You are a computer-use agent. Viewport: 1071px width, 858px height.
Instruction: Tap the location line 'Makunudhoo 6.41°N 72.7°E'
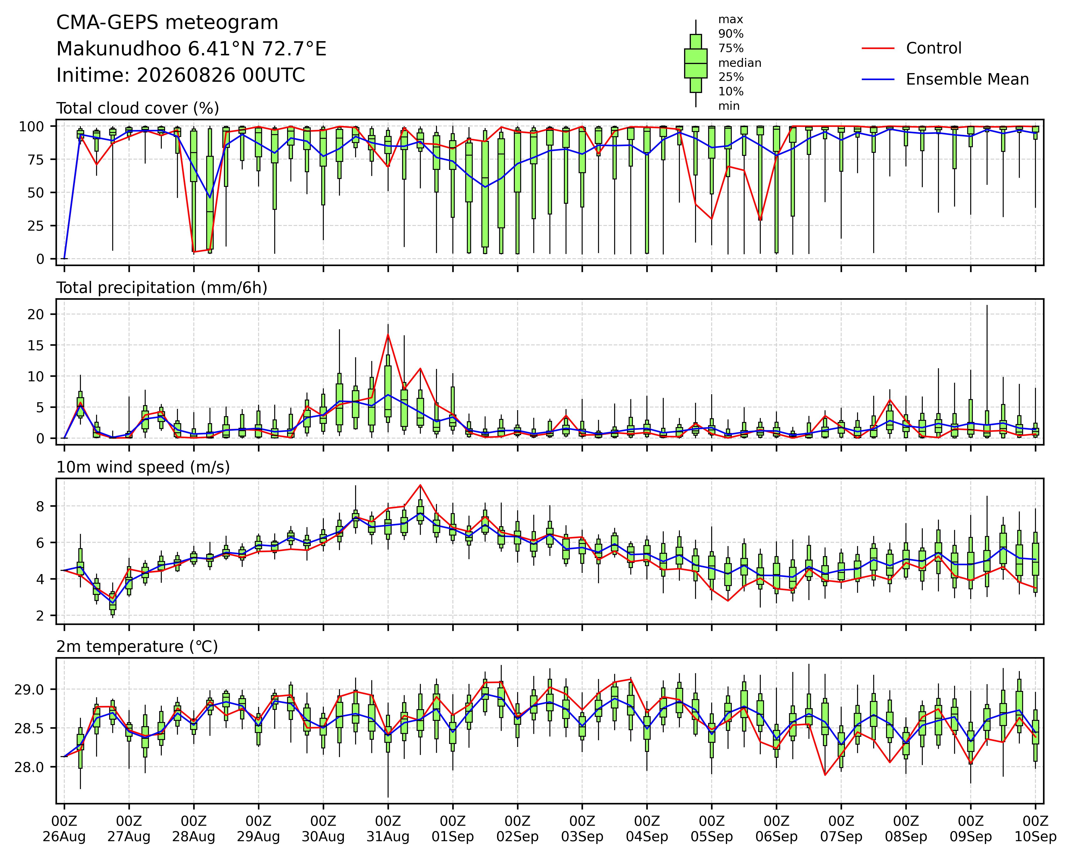(x=191, y=49)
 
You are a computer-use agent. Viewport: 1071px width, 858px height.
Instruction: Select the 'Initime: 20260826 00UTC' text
(x=181, y=75)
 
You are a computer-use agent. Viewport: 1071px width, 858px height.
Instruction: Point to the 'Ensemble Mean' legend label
(x=967, y=79)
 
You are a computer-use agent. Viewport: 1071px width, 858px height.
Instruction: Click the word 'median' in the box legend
(x=740, y=63)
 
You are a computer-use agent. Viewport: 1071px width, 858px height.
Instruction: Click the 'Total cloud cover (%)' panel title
(x=138, y=108)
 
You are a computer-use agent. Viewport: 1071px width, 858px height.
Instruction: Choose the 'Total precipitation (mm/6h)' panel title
(x=162, y=288)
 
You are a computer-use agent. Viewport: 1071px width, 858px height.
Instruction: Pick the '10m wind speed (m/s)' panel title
(x=143, y=467)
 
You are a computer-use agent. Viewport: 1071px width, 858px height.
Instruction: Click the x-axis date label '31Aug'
(x=388, y=837)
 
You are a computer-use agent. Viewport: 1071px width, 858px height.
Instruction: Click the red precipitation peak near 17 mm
(x=388, y=334)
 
